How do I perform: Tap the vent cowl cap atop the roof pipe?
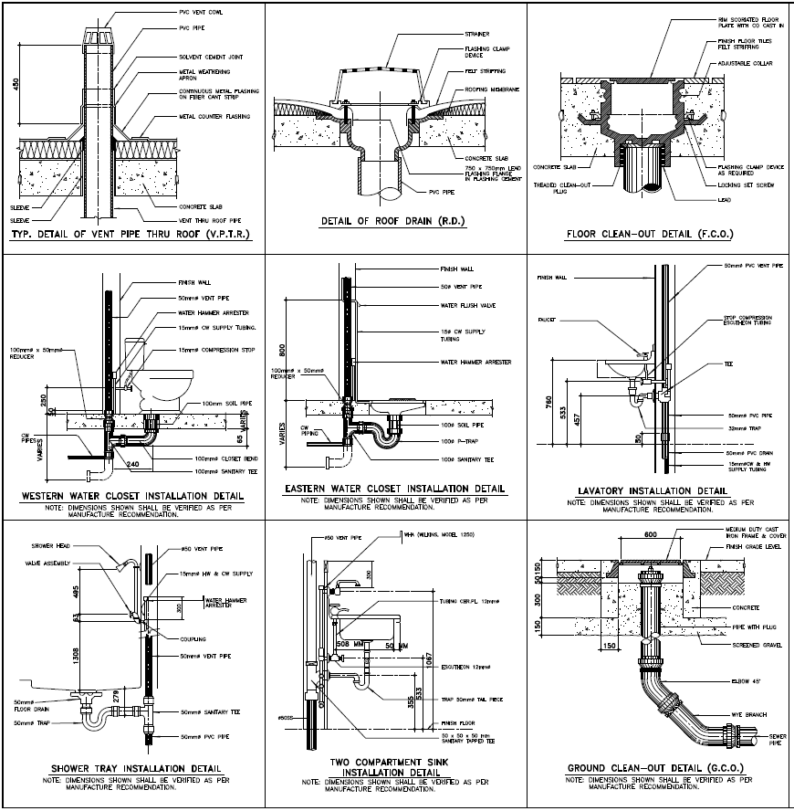[101, 38]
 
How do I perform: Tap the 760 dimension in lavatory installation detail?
[548, 403]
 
